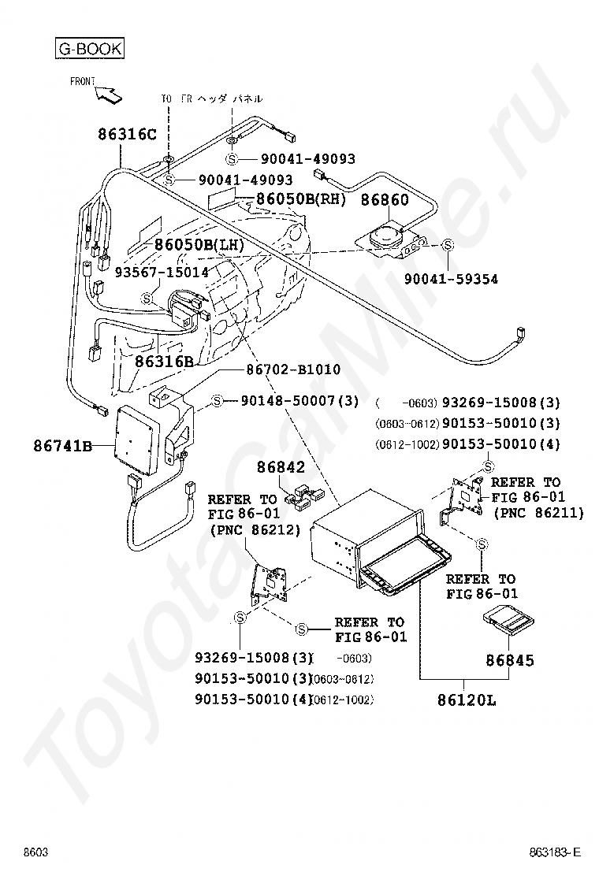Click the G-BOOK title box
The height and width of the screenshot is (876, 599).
(89, 49)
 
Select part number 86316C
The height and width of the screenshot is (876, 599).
(128, 134)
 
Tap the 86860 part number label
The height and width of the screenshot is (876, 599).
(385, 200)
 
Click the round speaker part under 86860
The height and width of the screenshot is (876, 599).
(387, 235)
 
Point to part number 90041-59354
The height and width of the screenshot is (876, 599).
(451, 279)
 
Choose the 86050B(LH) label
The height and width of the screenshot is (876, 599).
(199, 244)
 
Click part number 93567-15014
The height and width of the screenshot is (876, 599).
(162, 272)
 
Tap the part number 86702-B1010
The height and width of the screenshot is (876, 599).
(293, 369)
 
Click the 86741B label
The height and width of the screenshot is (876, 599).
(62, 447)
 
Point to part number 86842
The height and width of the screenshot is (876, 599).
(280, 468)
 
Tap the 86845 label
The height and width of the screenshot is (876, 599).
(509, 660)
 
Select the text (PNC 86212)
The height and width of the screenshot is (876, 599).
(255, 530)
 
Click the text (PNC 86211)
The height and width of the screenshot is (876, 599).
(538, 513)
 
